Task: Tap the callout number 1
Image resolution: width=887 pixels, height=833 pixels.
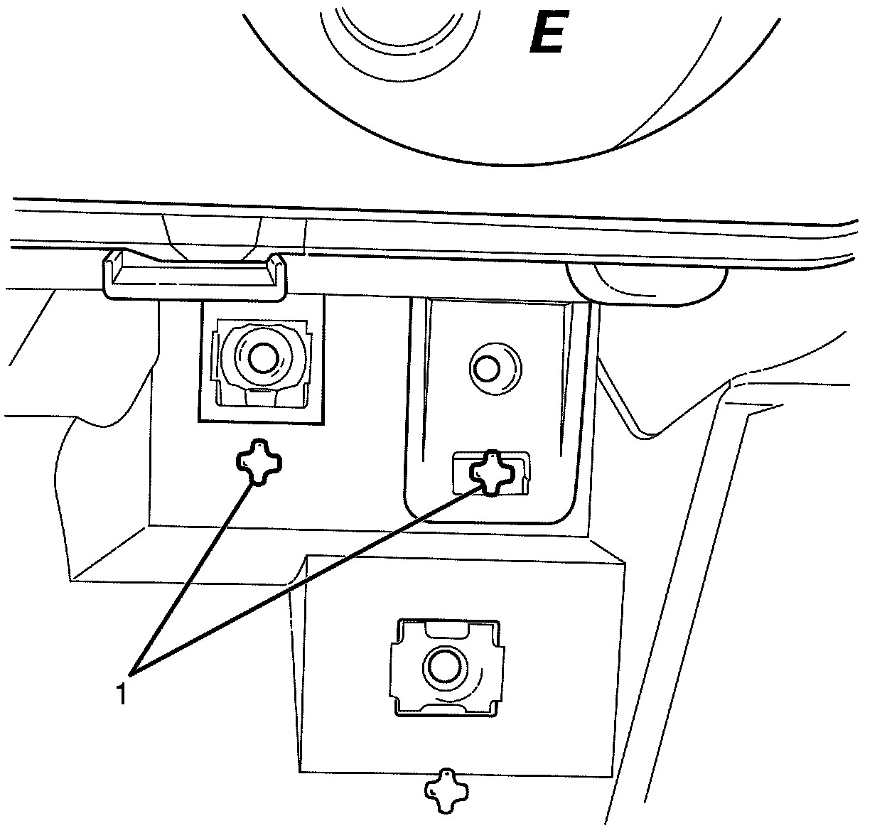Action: (x=122, y=693)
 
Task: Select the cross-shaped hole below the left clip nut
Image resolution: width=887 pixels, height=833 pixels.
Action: (x=258, y=462)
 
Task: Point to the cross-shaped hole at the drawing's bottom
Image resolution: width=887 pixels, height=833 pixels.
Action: (x=444, y=790)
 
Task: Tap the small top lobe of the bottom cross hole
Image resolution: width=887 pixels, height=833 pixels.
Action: (x=446, y=774)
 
